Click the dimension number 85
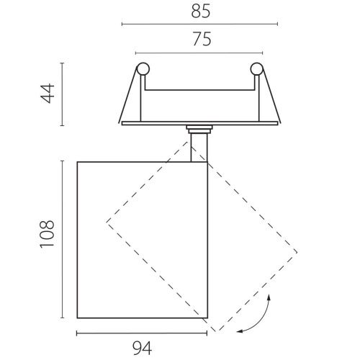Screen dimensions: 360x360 (x=201, y=11)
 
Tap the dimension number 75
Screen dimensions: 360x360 (x=202, y=39)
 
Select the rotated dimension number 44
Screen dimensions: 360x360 (x=48, y=94)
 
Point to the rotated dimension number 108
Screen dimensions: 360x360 (x=48, y=234)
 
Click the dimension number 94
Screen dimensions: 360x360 (x=142, y=348)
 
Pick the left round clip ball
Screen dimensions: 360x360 (x=143, y=69)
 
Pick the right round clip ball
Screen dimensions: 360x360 (x=256, y=69)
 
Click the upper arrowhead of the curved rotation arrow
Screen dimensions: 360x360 (x=269, y=297)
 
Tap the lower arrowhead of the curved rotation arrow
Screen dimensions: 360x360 (x=240, y=331)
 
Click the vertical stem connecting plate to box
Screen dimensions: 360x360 (x=199, y=148)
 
